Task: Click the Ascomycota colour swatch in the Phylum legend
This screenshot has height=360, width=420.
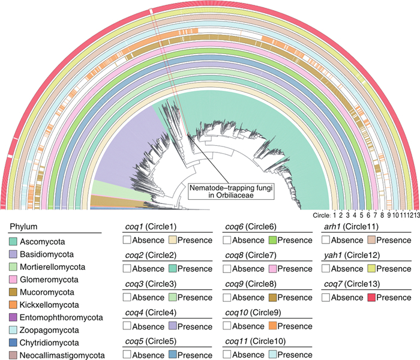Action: (13, 241)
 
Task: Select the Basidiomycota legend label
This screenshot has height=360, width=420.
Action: (47, 254)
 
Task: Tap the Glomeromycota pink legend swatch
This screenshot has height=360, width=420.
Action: (13, 280)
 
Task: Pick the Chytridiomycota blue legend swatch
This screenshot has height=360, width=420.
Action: (13, 343)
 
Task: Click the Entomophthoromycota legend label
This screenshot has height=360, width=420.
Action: (61, 317)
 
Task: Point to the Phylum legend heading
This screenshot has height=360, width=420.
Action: (23, 227)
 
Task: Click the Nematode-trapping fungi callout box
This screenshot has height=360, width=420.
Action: (231, 191)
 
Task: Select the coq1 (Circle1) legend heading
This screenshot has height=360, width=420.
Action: (151, 227)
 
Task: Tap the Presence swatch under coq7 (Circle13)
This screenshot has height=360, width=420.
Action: (371, 298)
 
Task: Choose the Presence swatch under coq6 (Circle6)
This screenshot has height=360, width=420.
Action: (272, 240)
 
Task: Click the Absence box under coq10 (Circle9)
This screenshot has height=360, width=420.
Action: (227, 326)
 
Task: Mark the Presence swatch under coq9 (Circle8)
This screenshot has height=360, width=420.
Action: (272, 298)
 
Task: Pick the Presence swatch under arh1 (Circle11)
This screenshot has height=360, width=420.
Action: (371, 240)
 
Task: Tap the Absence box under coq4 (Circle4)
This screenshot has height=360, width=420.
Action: (127, 326)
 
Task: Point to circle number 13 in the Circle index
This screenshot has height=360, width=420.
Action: (416, 215)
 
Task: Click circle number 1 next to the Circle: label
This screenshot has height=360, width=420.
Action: (334, 215)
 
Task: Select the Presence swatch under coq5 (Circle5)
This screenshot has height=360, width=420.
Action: (173, 355)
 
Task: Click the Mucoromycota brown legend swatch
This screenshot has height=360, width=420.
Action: (13, 292)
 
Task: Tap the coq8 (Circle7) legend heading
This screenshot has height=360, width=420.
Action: (251, 255)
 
